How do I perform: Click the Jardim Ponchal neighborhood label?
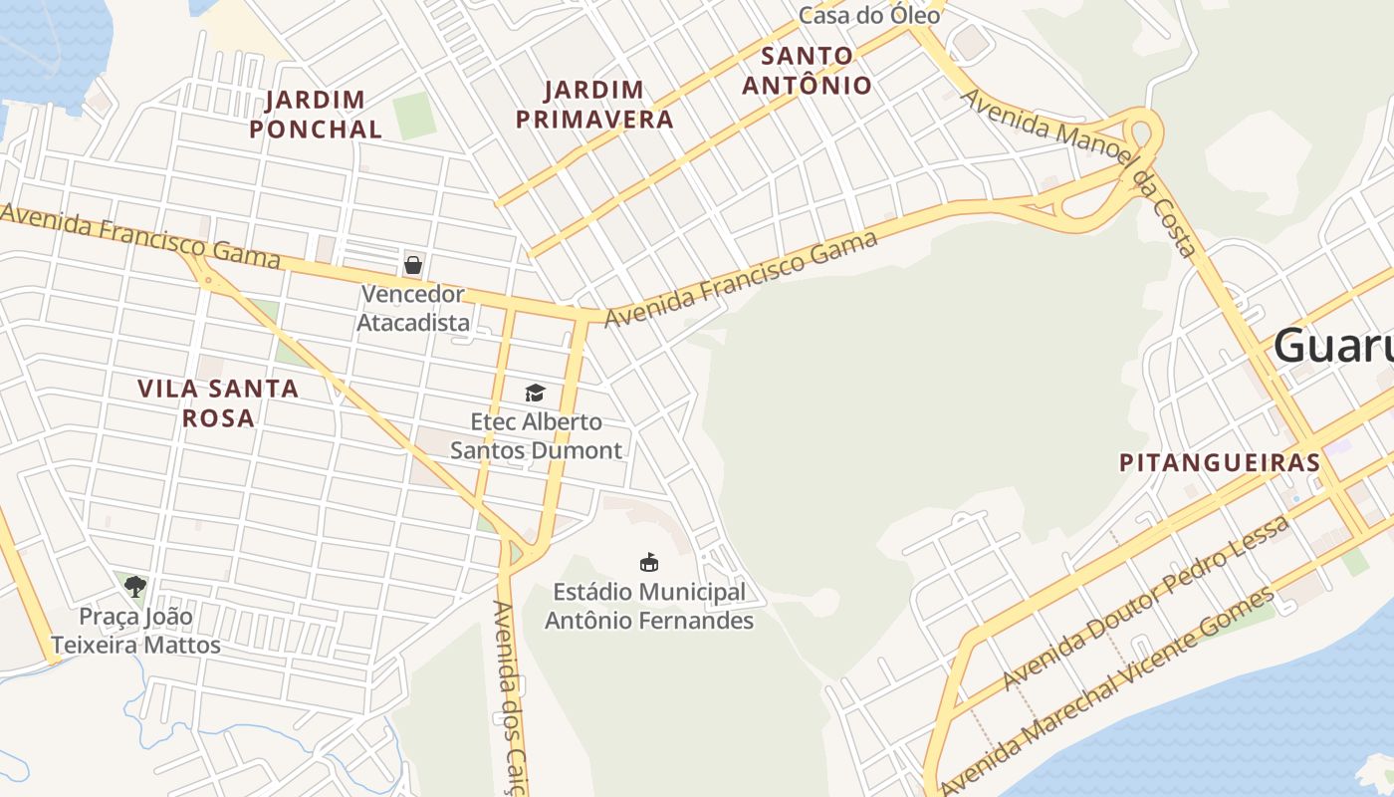click(316, 115)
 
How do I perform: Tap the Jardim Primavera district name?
click(608, 105)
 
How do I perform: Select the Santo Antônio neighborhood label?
click(807, 70)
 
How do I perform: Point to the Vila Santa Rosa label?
click(218, 402)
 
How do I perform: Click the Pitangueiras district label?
click(1220, 463)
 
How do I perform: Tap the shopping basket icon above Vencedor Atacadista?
click(412, 265)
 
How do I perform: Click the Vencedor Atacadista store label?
click(412, 308)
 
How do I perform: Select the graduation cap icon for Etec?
click(536, 393)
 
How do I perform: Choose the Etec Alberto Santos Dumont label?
click(536, 436)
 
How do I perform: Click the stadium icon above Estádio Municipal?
click(648, 563)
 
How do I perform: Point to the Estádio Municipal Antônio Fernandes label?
click(648, 606)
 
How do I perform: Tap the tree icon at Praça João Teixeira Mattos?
click(135, 587)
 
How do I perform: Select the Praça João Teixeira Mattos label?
click(135, 631)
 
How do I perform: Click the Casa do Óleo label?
click(869, 16)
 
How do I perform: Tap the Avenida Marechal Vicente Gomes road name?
click(1107, 689)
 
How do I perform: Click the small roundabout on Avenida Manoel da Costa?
click(1143, 133)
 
